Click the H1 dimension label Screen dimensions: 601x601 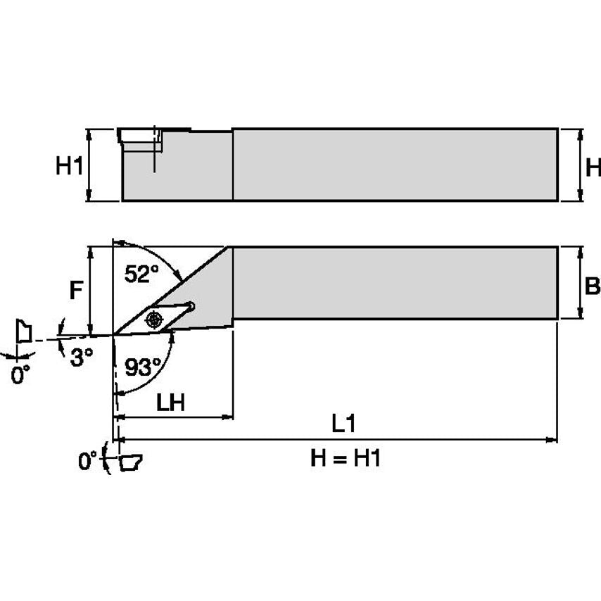click(x=70, y=167)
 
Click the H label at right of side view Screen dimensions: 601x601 click(x=593, y=167)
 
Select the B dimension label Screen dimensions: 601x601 click(x=593, y=286)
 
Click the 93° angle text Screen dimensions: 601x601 click(x=143, y=367)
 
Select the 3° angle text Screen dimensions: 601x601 click(x=82, y=358)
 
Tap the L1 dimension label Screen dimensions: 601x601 click(x=343, y=424)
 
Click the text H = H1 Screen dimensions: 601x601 click(x=346, y=459)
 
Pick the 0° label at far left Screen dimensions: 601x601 click(x=21, y=374)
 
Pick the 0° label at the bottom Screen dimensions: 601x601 click(x=88, y=462)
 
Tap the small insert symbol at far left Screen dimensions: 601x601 click(x=24, y=330)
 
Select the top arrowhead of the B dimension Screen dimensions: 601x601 click(x=579, y=251)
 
